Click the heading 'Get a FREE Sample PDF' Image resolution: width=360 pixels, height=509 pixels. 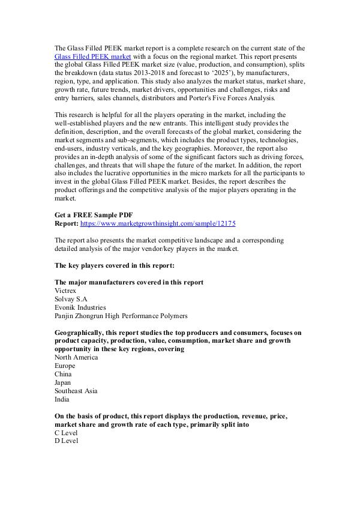[x=93, y=215]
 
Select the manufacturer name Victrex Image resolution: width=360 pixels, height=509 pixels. [x=65, y=290]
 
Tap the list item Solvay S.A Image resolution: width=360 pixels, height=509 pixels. [x=71, y=298]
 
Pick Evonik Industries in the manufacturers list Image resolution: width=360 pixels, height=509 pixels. [x=80, y=307]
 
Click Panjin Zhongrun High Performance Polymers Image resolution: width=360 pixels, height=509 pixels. [x=121, y=315]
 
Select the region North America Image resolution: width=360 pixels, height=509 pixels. [x=76, y=357]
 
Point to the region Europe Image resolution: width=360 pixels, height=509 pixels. [x=65, y=366]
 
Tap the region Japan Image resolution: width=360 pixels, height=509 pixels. [x=63, y=382]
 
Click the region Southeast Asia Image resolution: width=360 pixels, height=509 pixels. [x=76, y=391]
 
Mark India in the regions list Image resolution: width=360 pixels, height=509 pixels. [x=62, y=399]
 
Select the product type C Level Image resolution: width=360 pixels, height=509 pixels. [x=66, y=433]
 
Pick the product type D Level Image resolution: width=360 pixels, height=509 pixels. [x=66, y=441]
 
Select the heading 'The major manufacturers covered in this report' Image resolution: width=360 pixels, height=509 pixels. [x=128, y=282]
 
